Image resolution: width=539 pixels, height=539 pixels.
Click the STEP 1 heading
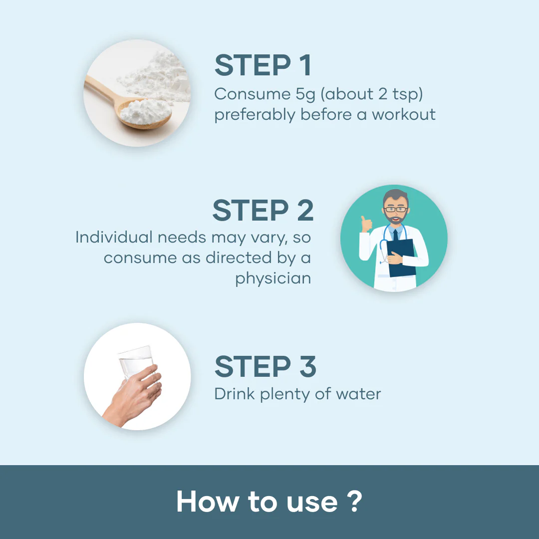pyautogui.click(x=263, y=65)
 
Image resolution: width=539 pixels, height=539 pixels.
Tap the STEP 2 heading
pyautogui.click(x=263, y=210)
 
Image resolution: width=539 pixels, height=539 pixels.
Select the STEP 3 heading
pyautogui.click(x=265, y=366)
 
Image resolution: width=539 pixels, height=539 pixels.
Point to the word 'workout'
pyautogui.click(x=404, y=114)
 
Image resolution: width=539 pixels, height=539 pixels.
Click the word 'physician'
pyautogui.click(x=273, y=278)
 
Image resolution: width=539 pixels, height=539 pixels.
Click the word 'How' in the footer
pyautogui.click(x=208, y=502)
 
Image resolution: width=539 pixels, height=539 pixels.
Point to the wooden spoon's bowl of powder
pyautogui.click(x=145, y=113)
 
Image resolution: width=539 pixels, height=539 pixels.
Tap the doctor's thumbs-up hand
pyautogui.click(x=366, y=224)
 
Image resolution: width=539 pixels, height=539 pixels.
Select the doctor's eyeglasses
pyautogui.click(x=395, y=209)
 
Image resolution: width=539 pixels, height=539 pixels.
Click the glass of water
pyautogui.click(x=136, y=363)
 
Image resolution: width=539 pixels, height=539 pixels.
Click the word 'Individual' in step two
pyautogui.click(x=114, y=237)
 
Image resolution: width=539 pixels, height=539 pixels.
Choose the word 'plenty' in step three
pyautogui.click(x=285, y=395)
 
